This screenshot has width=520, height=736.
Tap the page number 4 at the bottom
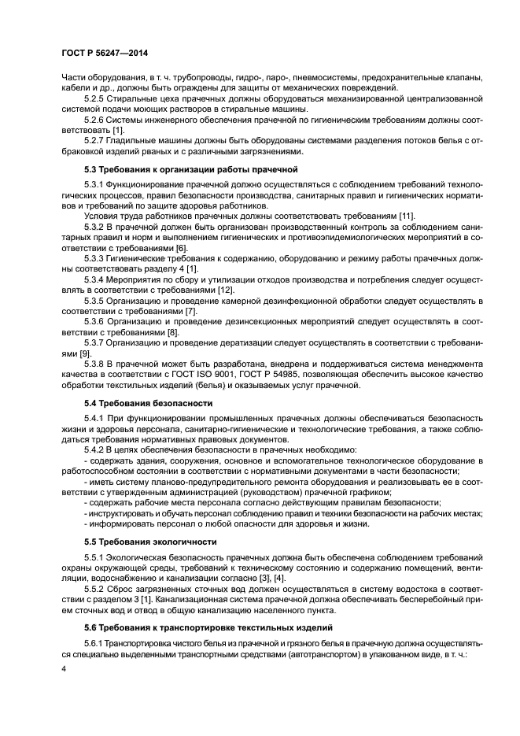tap(63, 668)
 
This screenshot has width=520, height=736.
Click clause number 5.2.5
tap(94, 99)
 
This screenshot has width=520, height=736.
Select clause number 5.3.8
tap(94, 364)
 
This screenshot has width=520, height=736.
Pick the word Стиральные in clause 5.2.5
tap(138, 99)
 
